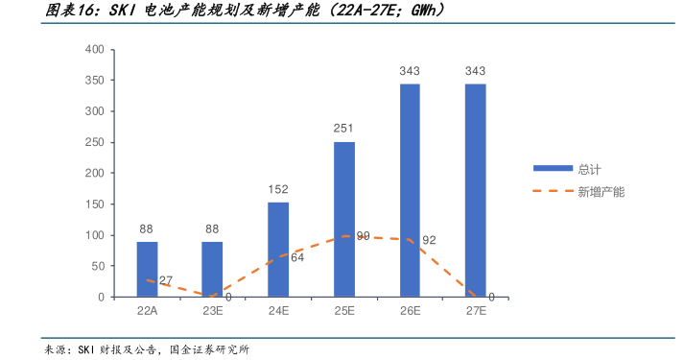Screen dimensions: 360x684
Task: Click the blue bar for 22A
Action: coord(147,270)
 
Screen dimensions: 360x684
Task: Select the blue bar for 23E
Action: coord(212,270)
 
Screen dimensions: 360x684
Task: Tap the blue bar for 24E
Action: coord(278,250)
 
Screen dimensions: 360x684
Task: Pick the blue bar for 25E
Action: coord(344,220)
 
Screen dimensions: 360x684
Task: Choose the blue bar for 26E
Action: coord(410,191)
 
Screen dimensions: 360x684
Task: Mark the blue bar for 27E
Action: coord(475,191)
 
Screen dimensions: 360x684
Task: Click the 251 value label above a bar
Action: coord(344,129)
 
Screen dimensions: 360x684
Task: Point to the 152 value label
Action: coord(278,190)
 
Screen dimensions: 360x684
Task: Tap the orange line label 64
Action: coord(297,257)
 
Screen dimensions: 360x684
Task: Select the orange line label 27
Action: coord(166,280)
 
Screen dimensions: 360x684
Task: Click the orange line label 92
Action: coord(429,240)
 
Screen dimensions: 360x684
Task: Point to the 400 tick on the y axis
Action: coord(94,49)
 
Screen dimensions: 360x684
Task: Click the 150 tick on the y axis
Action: coord(94,204)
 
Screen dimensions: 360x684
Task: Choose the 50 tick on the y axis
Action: coord(97,266)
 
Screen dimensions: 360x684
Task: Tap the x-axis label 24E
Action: coord(278,311)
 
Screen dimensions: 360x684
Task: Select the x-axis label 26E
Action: coord(410,311)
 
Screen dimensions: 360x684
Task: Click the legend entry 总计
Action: coord(588,169)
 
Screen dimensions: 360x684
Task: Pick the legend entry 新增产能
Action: coord(601,192)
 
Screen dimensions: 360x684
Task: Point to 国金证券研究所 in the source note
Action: coord(209,349)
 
